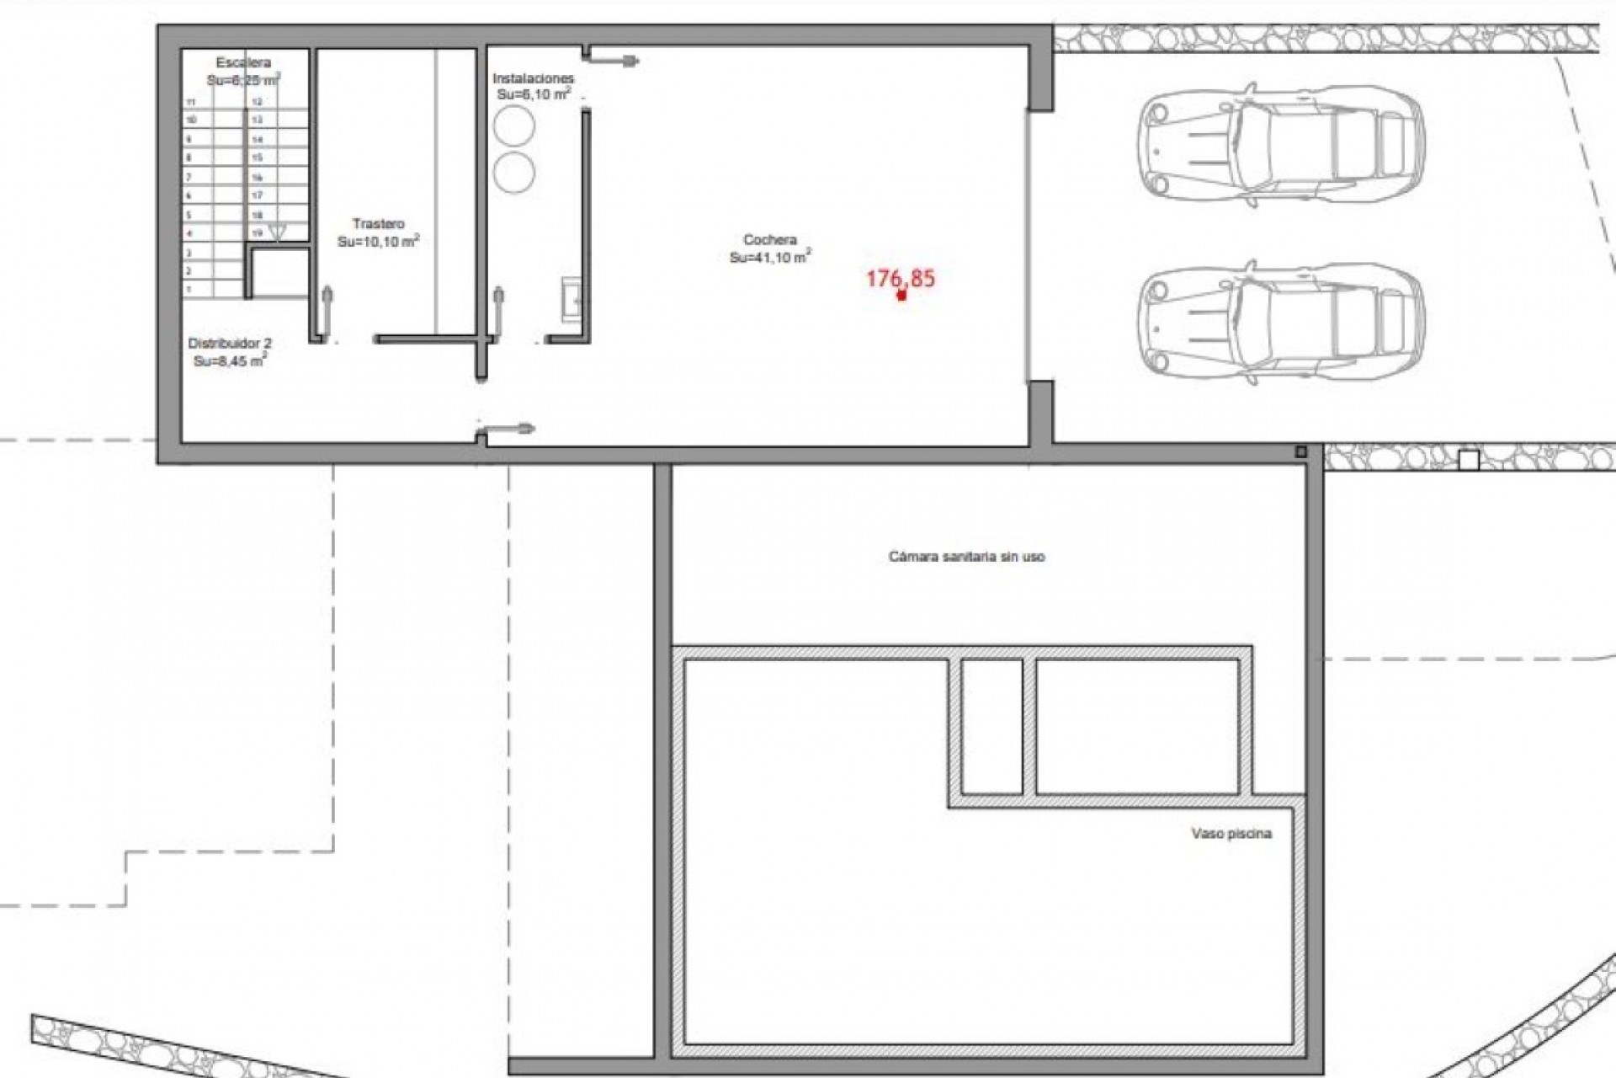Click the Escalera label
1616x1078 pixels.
243,63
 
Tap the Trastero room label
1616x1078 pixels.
378,224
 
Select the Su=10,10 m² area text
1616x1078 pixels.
378,242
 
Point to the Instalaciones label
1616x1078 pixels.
533,78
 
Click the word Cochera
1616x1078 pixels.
769,240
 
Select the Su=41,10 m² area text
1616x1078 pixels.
769,258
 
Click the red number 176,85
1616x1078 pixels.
901,279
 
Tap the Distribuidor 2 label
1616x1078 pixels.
229,344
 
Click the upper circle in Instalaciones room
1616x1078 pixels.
513,126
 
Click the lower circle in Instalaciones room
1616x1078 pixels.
513,173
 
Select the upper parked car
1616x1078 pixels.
1279,145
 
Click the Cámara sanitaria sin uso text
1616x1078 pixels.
966,557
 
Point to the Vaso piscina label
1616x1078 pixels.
1231,834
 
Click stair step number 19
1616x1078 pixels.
258,233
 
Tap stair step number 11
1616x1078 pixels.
191,102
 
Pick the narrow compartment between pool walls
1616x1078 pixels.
991,726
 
